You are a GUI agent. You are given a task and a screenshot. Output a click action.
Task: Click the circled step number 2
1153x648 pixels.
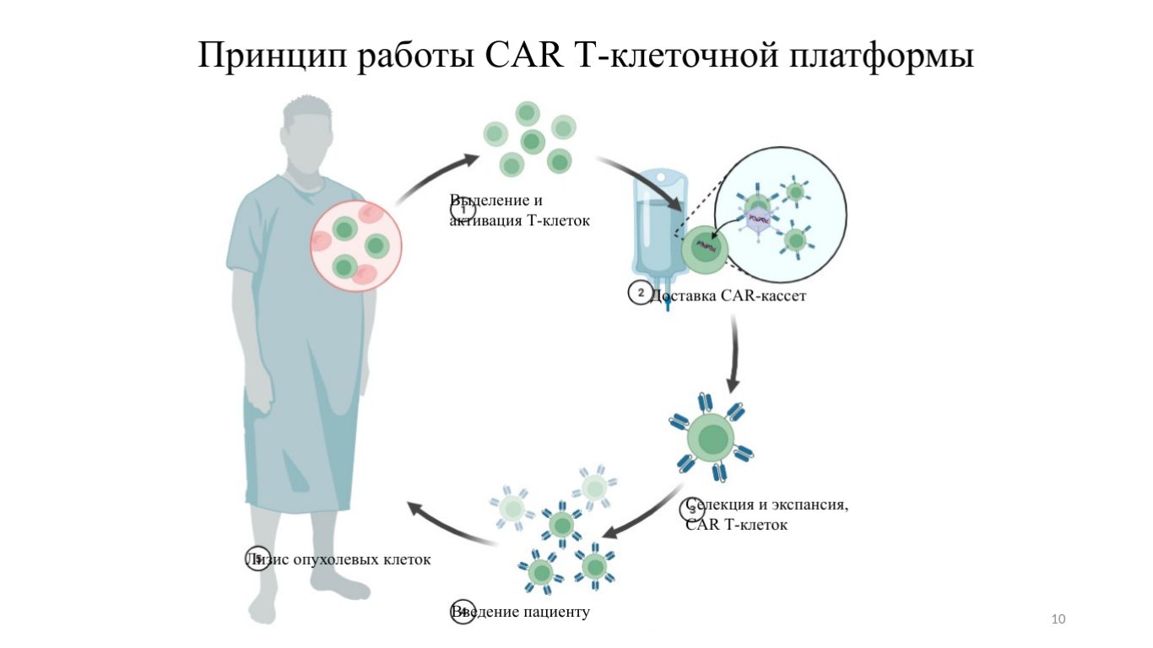pos(640,293)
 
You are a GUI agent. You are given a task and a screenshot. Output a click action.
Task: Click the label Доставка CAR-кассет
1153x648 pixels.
pos(722,296)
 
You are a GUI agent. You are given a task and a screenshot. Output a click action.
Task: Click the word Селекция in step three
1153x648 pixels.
pos(719,505)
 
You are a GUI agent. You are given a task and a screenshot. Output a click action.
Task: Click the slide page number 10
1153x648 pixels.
pos(1058,620)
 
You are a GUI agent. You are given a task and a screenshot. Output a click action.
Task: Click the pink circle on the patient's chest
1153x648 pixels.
pos(356,245)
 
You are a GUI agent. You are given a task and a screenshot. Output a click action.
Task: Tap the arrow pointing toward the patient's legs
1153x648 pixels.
pos(447,523)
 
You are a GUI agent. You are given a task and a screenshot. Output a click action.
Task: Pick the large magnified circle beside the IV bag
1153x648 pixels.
pos(780,213)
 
